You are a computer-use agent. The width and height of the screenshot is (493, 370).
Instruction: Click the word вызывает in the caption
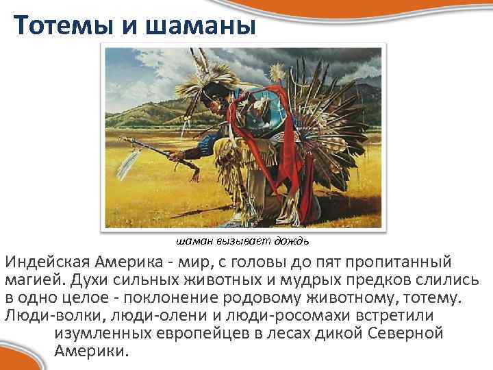tap(244, 241)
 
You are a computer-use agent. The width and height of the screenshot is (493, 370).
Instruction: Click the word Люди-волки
tap(52, 317)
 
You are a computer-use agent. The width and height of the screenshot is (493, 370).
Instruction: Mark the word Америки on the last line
tap(88, 351)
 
